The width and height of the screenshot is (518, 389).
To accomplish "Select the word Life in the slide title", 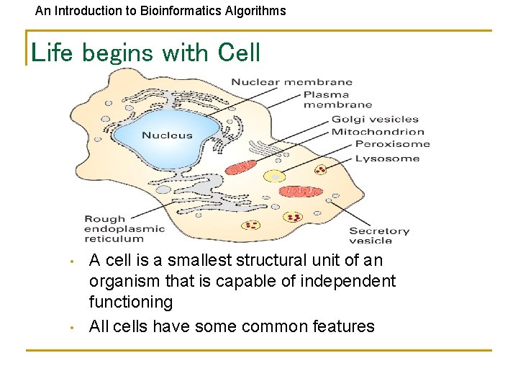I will (x=52, y=53).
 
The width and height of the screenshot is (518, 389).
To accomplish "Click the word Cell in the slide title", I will (x=238, y=53).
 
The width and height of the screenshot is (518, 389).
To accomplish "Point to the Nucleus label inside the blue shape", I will (x=167, y=135).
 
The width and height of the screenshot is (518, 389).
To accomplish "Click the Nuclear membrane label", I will (x=291, y=82).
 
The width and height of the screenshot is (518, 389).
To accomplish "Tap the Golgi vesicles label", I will (x=375, y=119).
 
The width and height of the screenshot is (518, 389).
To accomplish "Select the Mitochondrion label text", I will (x=378, y=132).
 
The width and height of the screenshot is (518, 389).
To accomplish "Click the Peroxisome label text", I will (x=392, y=144).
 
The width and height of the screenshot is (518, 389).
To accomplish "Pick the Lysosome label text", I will (x=387, y=158).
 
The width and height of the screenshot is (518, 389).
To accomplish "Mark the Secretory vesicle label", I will (x=379, y=236).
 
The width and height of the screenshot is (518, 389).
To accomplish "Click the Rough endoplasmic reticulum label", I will (x=124, y=228).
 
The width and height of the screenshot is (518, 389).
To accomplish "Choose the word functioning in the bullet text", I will (x=131, y=302).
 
